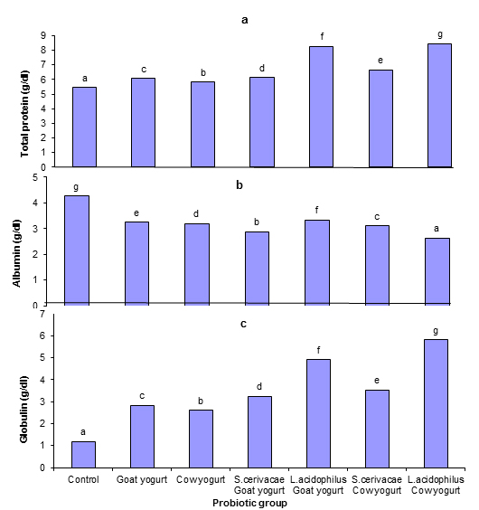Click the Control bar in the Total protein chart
click(84, 127)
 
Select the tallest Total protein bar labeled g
click(439, 106)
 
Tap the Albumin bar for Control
click(77, 250)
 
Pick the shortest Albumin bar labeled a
click(437, 271)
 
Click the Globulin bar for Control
click(83, 455)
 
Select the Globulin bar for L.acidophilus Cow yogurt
click(437, 403)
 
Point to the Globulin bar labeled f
click(319, 414)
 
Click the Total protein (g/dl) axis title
click(24, 114)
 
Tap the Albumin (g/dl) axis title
click(16, 253)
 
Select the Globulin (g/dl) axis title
click(23, 409)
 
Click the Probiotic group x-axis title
click(249, 503)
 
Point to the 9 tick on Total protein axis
click(43, 35)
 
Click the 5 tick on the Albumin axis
click(35, 177)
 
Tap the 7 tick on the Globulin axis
click(42, 314)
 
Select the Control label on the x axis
click(83, 479)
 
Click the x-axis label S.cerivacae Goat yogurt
click(259, 485)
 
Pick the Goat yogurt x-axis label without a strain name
click(142, 480)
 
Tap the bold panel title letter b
click(239, 184)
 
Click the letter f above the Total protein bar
click(322, 36)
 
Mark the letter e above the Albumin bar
click(136, 213)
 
